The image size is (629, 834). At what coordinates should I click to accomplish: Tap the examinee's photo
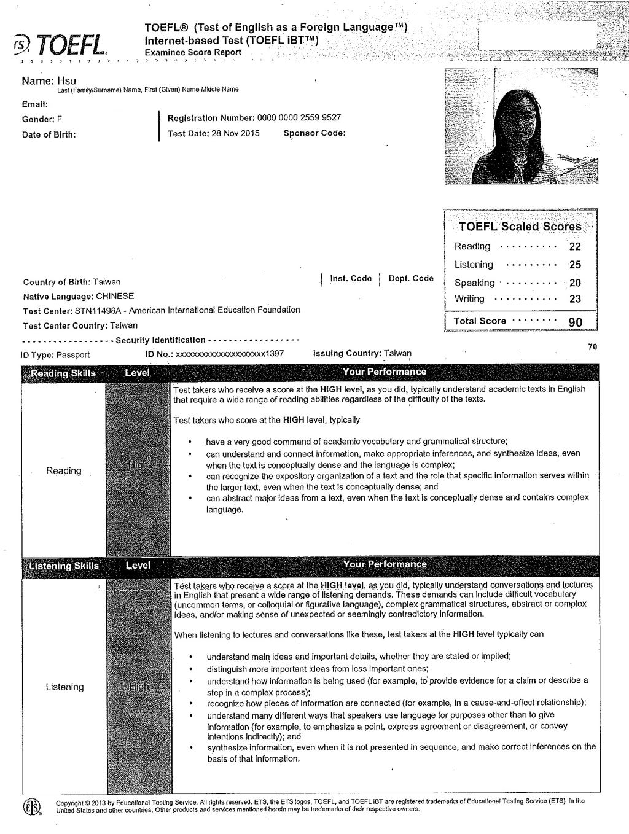[x=521, y=127]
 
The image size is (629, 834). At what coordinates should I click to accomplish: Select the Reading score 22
[x=575, y=247]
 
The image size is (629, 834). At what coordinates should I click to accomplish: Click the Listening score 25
[x=575, y=265]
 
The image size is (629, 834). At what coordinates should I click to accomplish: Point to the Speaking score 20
[x=575, y=283]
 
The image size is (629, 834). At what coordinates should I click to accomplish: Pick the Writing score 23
[x=575, y=299]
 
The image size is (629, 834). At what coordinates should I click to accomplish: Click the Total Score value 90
[x=575, y=322]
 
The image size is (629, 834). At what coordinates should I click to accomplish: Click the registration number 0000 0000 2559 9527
[x=299, y=118]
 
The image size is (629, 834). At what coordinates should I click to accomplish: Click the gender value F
[x=60, y=119]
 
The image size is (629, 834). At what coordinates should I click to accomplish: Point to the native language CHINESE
[x=115, y=296]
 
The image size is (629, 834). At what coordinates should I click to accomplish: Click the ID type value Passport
[x=73, y=355]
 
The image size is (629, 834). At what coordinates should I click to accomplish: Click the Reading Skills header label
[x=63, y=373]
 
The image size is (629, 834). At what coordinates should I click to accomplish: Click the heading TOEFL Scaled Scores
[x=520, y=227]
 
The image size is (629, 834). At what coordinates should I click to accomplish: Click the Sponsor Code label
[x=314, y=133]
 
